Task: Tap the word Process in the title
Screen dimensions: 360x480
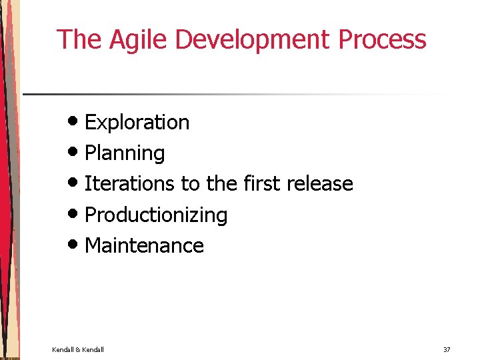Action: pos(382,39)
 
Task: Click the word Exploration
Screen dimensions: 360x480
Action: pos(137,123)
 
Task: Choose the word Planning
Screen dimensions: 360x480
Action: pos(125,153)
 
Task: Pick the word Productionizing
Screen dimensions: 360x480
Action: pos(156,215)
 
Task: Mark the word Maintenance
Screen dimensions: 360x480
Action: pos(144,245)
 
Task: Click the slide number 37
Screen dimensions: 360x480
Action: pos(447,350)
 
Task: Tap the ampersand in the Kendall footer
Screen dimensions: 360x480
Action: pos(77,350)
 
